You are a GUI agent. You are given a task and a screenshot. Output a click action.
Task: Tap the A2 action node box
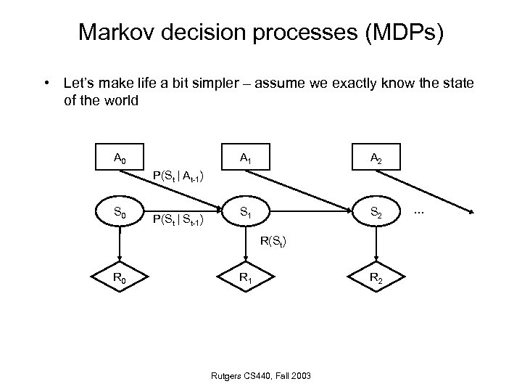click(376, 158)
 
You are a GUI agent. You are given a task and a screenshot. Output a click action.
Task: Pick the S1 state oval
click(249, 213)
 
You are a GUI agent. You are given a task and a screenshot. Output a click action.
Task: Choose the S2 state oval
click(376, 213)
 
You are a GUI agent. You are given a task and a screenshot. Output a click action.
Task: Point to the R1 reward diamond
click(249, 276)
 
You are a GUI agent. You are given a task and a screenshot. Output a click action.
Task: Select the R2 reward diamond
click(376, 276)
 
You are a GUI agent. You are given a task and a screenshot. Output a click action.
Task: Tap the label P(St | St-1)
click(177, 219)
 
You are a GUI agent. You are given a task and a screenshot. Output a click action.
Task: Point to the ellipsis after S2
click(418, 211)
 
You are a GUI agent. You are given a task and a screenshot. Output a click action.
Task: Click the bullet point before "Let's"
click(45, 84)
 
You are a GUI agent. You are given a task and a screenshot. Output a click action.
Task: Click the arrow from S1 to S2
click(312, 213)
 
